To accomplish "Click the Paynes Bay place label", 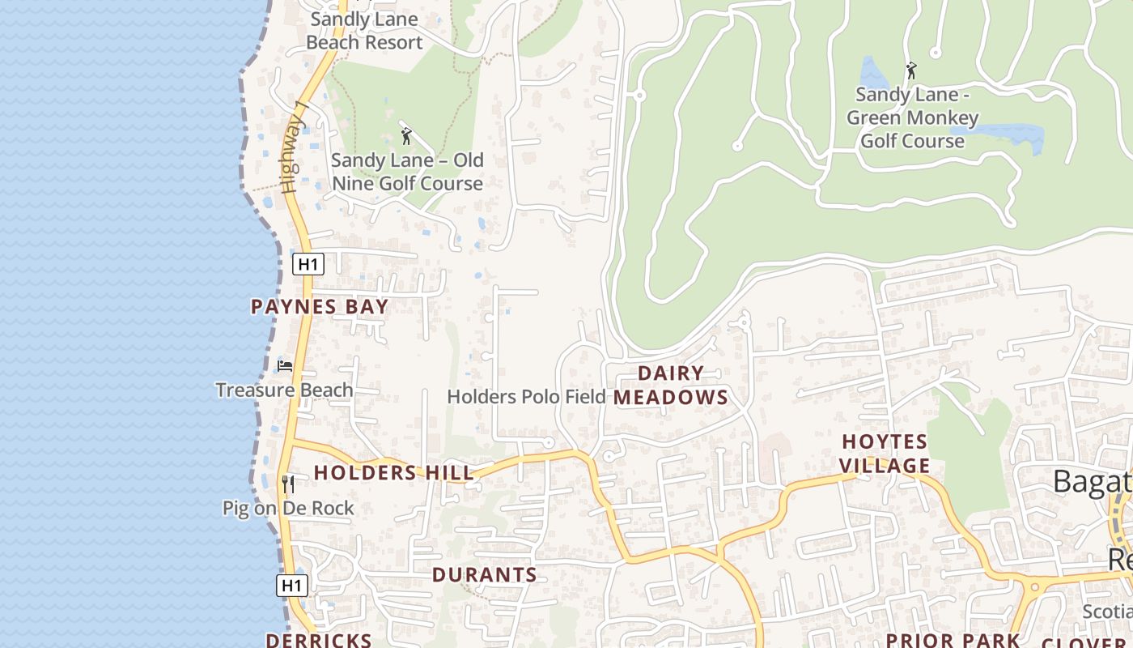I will pos(320,307).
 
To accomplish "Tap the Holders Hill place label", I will pos(393,473).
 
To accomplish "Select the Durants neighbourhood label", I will pos(484,575).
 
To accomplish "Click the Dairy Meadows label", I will pos(671,386).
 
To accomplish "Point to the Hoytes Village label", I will pos(885,454).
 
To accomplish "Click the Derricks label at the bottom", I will pos(319,640).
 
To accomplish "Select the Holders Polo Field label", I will pos(526,397).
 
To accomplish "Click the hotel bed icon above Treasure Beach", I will pos(284,365).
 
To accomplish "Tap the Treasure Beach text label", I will pos(284,390).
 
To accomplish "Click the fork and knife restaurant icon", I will pos(287,484).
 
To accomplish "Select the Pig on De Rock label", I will pos(288,509).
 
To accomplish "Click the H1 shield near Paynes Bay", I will pos(308,264).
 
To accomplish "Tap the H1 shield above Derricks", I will pos(291,586).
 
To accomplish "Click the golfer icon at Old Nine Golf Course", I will pos(406,136).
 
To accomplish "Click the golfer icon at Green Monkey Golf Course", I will pos(911,70).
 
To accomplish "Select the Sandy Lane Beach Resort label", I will pos(364,31).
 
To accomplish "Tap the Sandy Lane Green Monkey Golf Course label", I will pos(912,117).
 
